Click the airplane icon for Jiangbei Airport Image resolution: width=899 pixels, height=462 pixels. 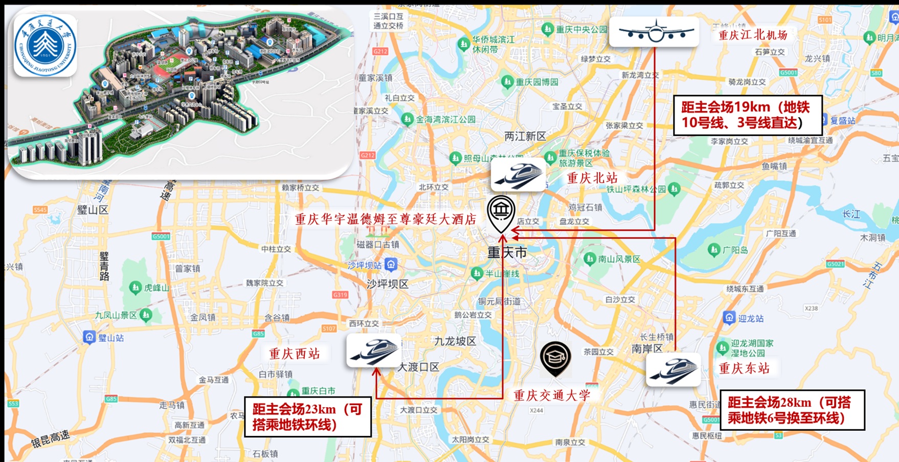point(654,32)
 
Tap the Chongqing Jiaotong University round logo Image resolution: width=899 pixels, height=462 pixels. point(46,45)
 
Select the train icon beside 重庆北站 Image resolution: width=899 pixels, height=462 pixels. point(518,174)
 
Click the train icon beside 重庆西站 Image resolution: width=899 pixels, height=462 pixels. point(373,350)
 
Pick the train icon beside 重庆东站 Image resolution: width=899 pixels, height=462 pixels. point(673,369)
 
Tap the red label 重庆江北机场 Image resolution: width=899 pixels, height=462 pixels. point(753,35)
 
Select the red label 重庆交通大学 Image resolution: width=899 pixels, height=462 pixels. point(552,395)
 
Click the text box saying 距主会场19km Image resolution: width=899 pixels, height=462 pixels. point(747,115)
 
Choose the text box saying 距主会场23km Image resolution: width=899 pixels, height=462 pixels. point(308,416)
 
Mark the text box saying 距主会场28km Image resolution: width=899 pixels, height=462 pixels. point(792,410)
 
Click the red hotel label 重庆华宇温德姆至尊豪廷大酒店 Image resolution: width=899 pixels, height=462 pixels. point(386,219)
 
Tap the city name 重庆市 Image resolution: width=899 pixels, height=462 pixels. point(507,252)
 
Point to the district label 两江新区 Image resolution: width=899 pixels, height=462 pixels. point(525,137)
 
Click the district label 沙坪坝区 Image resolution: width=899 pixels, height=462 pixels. point(387,284)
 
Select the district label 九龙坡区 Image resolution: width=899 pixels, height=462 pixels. point(455,341)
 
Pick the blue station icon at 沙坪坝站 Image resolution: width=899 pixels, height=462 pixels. point(391,265)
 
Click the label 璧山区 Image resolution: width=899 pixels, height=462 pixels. point(93,210)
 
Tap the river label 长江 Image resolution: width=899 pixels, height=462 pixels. point(851,214)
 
